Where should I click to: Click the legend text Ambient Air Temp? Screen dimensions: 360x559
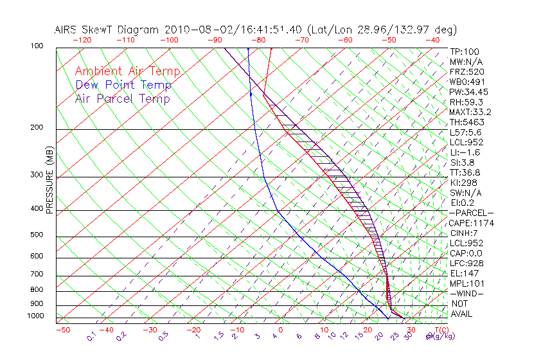127,71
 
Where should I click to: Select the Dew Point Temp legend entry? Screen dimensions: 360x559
123,85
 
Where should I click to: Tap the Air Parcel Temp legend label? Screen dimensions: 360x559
122,98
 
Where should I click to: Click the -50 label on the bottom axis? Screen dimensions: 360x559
63,329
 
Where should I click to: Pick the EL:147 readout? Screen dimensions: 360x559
463,273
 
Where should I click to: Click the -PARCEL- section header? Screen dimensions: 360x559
471,213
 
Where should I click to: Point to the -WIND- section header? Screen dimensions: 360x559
467,293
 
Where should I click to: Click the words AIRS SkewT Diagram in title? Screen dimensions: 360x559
107,30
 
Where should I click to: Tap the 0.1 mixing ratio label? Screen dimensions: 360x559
92,336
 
